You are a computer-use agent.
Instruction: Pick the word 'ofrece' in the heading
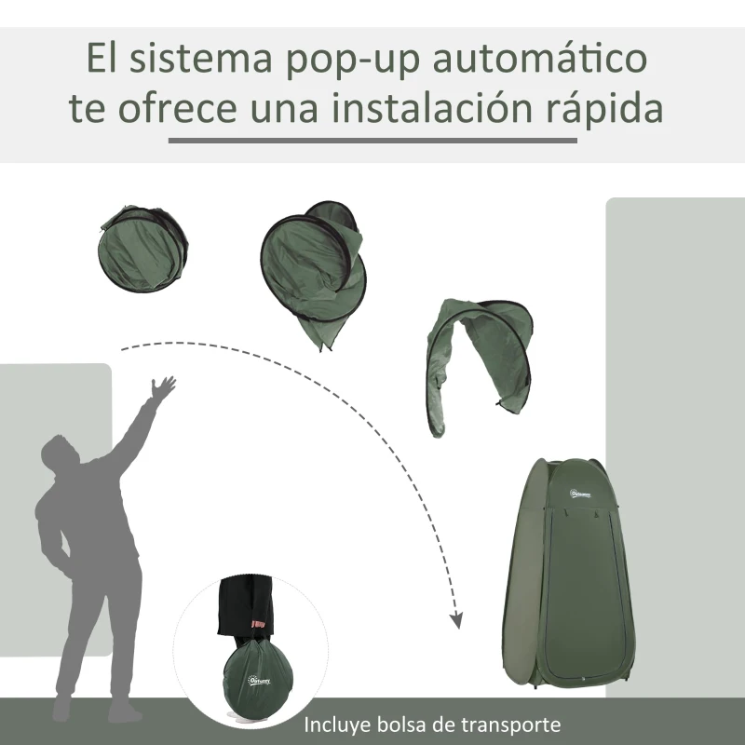coord(178,109)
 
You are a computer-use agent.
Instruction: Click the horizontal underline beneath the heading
coord(372,141)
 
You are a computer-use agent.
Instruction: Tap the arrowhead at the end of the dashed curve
coord(456,619)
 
